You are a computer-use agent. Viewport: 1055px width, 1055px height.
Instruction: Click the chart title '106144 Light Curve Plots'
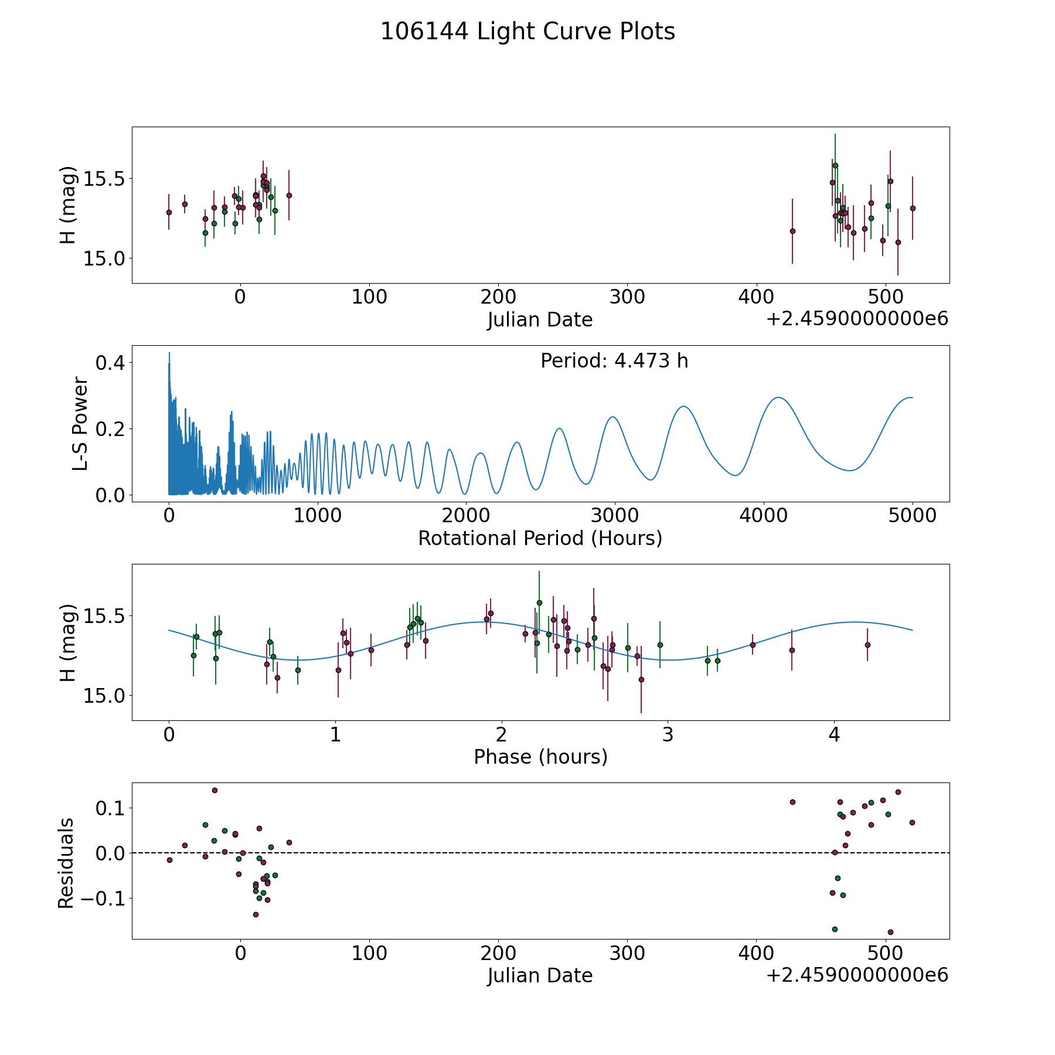pyautogui.click(x=527, y=32)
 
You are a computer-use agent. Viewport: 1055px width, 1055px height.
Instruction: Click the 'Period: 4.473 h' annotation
pyautogui.click(x=614, y=361)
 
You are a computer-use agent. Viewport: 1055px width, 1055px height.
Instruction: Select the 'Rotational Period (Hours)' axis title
pyautogui.click(x=540, y=538)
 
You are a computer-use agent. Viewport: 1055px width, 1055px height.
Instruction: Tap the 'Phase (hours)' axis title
pyautogui.click(x=540, y=757)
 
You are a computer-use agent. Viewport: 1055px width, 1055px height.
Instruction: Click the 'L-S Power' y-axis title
pyautogui.click(x=80, y=424)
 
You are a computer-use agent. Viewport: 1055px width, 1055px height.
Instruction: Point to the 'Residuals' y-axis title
pyautogui.click(x=66, y=863)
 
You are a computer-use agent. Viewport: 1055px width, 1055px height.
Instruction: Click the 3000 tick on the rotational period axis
pyautogui.click(x=615, y=516)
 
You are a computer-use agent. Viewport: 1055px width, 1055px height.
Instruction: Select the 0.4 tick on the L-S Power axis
pyautogui.click(x=110, y=363)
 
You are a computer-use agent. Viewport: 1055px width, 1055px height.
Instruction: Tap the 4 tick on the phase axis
pyautogui.click(x=834, y=734)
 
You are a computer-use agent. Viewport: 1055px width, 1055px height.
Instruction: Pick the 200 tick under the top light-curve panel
pyautogui.click(x=498, y=297)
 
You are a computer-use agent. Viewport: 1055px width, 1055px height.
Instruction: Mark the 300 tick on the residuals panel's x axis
pyautogui.click(x=627, y=953)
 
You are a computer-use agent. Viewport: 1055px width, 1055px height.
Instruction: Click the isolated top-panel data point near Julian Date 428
pyautogui.click(x=792, y=231)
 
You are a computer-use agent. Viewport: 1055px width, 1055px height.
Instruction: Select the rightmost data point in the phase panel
pyautogui.click(x=867, y=645)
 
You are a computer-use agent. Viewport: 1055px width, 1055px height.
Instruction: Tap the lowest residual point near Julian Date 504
pyautogui.click(x=890, y=932)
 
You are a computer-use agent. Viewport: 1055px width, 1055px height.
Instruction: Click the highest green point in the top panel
pyautogui.click(x=835, y=165)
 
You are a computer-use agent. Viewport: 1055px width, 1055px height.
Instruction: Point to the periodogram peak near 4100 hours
pyautogui.click(x=778, y=397)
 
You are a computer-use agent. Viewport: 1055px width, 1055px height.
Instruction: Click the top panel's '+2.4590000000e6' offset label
pyautogui.click(x=857, y=319)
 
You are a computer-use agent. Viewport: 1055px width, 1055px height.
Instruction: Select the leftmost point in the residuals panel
pyautogui.click(x=169, y=860)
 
